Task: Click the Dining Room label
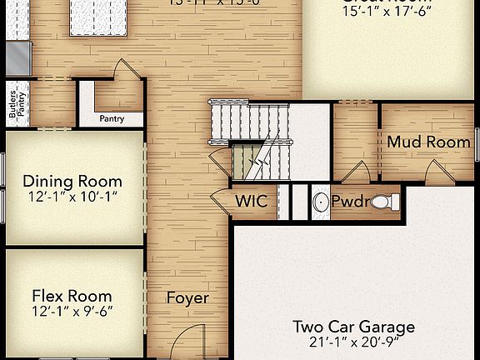tap(72, 181)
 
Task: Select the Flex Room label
tap(72, 295)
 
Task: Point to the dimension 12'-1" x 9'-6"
tap(72, 311)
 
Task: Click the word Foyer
tap(187, 297)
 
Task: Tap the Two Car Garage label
tap(353, 327)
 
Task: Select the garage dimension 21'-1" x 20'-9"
tap(353, 342)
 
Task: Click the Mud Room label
tap(428, 142)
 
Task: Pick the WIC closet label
tap(250, 201)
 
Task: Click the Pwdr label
tap(348, 202)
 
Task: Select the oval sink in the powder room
tap(320, 202)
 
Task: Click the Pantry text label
tap(112, 118)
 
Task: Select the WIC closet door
tap(220, 201)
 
